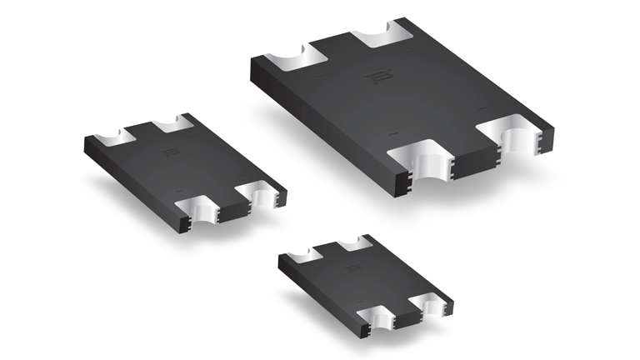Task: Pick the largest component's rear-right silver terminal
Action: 382,37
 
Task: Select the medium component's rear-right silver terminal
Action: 172,123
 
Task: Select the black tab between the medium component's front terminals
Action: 231,204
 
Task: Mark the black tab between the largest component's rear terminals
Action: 337,43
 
